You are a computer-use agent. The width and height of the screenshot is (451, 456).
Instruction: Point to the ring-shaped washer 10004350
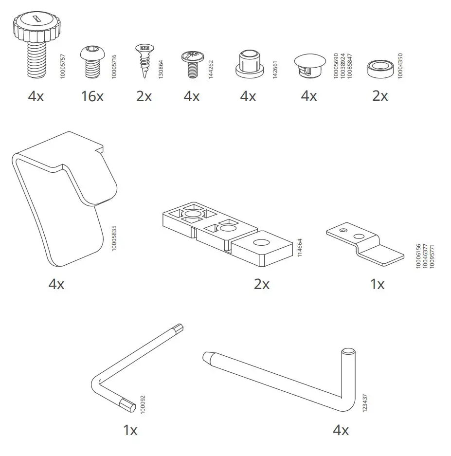coord(380,67)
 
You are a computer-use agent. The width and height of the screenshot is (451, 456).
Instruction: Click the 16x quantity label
coord(92,96)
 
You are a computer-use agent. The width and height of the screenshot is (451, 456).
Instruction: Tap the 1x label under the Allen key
coord(130,430)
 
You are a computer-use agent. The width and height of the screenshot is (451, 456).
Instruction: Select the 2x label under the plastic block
coord(262,284)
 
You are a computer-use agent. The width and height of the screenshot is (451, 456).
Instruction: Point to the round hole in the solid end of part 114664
coord(260,243)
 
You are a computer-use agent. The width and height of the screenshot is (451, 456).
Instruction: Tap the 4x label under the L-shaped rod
coord(341,430)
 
